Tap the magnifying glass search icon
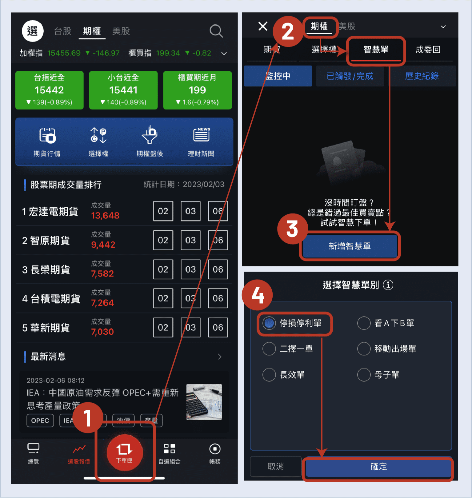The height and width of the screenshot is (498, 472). coord(216,31)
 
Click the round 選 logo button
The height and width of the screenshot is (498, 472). coord(33,31)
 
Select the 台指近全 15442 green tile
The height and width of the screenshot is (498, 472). coord(49,90)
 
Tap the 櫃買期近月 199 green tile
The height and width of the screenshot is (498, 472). coord(197,90)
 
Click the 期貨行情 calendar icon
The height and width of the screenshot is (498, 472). coord(47,136)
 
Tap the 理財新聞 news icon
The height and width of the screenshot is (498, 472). coord(201,135)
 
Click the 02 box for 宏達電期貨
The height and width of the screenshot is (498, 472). coord(163,211)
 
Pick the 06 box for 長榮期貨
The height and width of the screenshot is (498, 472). coord(218,269)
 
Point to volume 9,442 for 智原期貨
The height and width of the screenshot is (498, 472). coord(103,245)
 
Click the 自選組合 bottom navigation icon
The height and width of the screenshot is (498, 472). coord(169,449)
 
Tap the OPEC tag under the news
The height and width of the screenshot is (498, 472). coord(40,420)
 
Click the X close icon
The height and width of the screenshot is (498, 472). coord(263,26)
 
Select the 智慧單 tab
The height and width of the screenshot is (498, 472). coord(376,50)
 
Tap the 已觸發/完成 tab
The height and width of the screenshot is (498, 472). coord(350,76)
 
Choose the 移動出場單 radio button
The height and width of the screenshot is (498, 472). coord(364,349)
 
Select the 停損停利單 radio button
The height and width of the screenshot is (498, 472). coord(269,323)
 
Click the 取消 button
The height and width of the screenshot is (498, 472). coord(276,467)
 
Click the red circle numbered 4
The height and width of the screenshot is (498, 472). coord(258,295)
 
